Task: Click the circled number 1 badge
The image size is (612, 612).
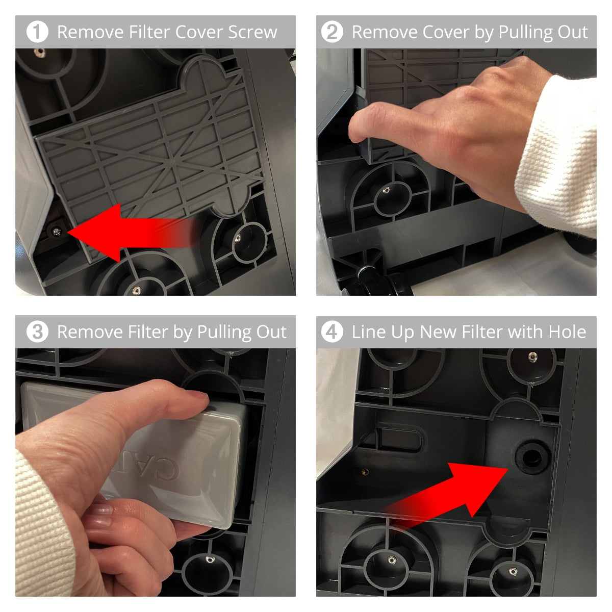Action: pyautogui.click(x=37, y=32)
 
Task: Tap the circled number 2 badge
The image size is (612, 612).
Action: pyautogui.click(x=332, y=32)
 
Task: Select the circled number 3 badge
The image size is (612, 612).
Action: pyautogui.click(x=37, y=332)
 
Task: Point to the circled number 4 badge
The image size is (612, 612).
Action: pyautogui.click(x=332, y=332)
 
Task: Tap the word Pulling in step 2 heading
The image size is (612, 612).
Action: pyautogui.click(x=525, y=32)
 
